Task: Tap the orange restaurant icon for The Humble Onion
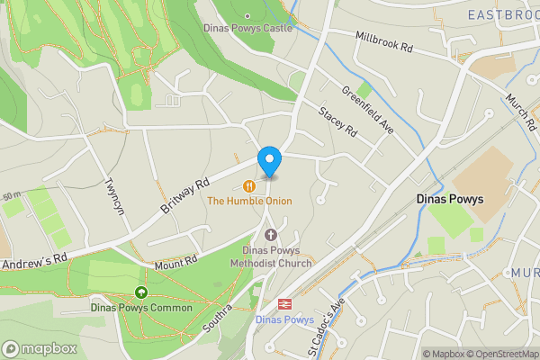tap(249, 185)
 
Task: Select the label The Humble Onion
tap(249, 201)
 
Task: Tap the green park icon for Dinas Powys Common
tap(140, 292)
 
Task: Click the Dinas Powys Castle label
tap(248, 28)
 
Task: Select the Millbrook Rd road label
tap(383, 43)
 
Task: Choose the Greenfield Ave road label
tap(367, 111)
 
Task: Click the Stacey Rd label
tap(338, 122)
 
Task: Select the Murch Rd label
tap(519, 110)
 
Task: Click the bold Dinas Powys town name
tap(450, 199)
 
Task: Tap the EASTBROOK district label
tap(502, 14)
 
